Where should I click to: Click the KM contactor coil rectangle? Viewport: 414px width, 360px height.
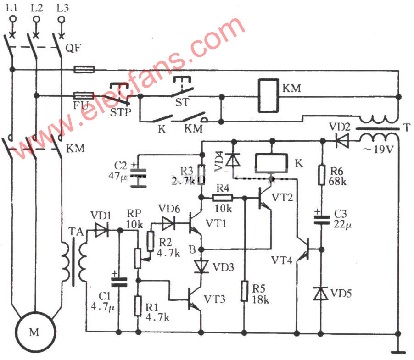pos(268,96)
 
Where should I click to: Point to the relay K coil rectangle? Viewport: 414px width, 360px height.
pos(271,162)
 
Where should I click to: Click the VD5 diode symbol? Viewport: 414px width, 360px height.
pos(322,293)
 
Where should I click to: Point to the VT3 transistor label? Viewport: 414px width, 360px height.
pos(214,299)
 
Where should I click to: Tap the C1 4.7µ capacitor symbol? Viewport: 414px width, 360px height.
pos(119,281)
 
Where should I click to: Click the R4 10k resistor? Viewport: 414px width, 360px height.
pos(223,198)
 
